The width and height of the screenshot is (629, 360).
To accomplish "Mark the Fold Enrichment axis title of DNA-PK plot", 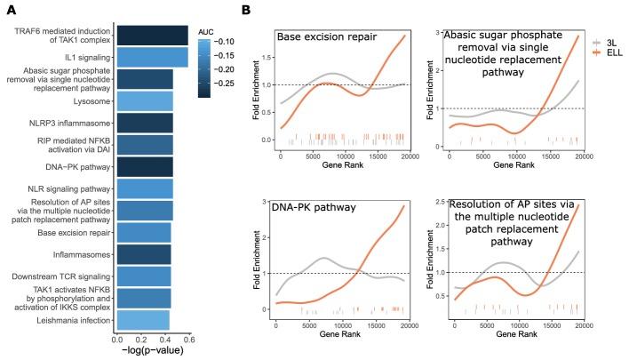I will [x=253, y=258].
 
